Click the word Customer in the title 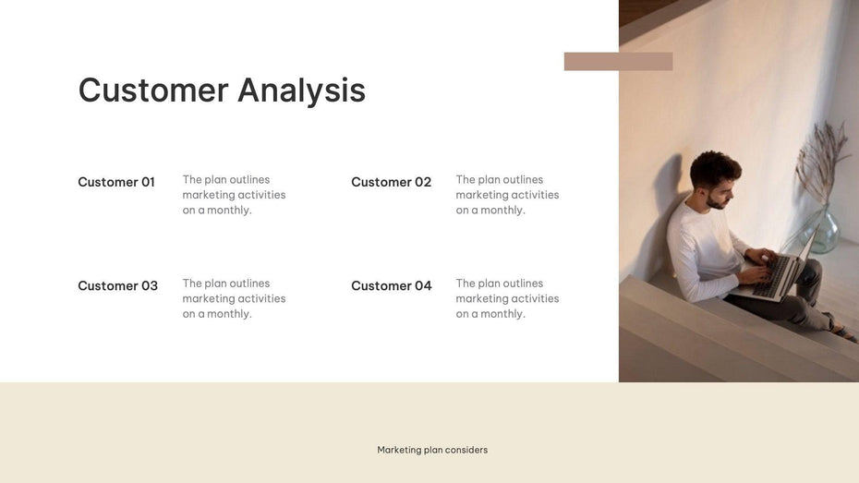tap(153, 91)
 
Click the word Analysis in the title tap(301, 91)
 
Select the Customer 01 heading tap(116, 182)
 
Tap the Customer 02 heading tap(391, 182)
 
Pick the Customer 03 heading tap(117, 285)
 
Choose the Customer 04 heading tap(391, 285)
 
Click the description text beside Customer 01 tap(234, 195)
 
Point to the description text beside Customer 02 tap(507, 195)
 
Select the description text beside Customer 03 tap(234, 298)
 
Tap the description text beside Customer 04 tap(507, 298)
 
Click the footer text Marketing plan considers tap(432, 450)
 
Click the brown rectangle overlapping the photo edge tap(618, 62)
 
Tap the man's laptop tap(781, 272)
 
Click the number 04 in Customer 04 tap(422, 285)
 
